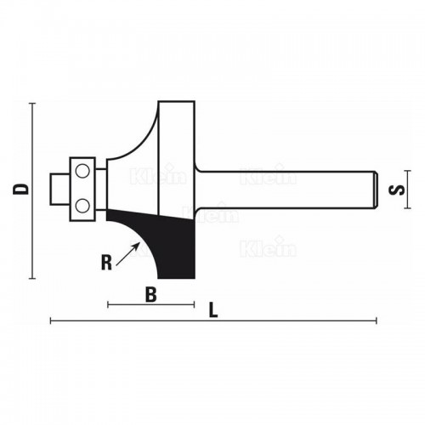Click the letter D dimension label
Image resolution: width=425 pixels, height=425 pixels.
point(22,189)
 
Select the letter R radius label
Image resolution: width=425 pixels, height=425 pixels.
point(106,262)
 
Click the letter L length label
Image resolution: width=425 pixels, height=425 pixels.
point(212,311)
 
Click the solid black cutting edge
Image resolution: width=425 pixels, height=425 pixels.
point(174,242)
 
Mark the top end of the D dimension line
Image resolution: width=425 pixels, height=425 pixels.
point(33,104)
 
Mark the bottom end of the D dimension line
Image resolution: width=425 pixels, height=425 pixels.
point(33,278)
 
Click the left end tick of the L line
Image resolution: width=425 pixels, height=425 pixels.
point(51,320)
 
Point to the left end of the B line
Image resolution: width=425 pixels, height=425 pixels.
point(108,303)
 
